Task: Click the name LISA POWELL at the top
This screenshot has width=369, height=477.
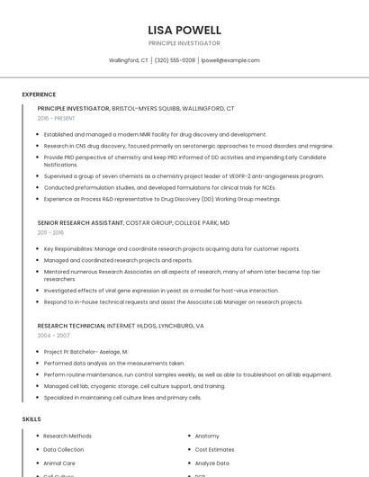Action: click(184, 29)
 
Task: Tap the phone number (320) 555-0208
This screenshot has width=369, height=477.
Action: click(175, 60)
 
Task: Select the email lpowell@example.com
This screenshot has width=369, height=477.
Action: click(230, 60)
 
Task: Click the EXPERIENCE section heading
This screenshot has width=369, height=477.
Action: click(39, 94)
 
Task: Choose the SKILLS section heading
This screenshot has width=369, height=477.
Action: click(31, 419)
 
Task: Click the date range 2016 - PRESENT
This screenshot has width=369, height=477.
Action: click(57, 118)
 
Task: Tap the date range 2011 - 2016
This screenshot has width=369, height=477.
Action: click(50, 232)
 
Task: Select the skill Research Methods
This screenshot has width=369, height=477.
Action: click(67, 436)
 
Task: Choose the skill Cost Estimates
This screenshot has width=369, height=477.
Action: click(214, 449)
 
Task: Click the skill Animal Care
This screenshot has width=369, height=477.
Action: click(59, 463)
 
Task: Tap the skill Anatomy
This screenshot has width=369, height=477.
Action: click(207, 436)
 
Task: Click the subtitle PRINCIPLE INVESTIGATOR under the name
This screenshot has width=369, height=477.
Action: click(184, 43)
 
